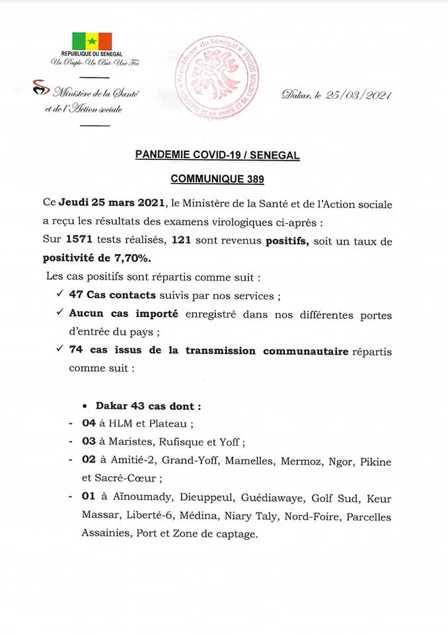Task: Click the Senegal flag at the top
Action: pos(92,41)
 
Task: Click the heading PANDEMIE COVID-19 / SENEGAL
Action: pos(217,155)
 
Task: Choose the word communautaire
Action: pos(305,351)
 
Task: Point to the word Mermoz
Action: pos(304,461)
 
